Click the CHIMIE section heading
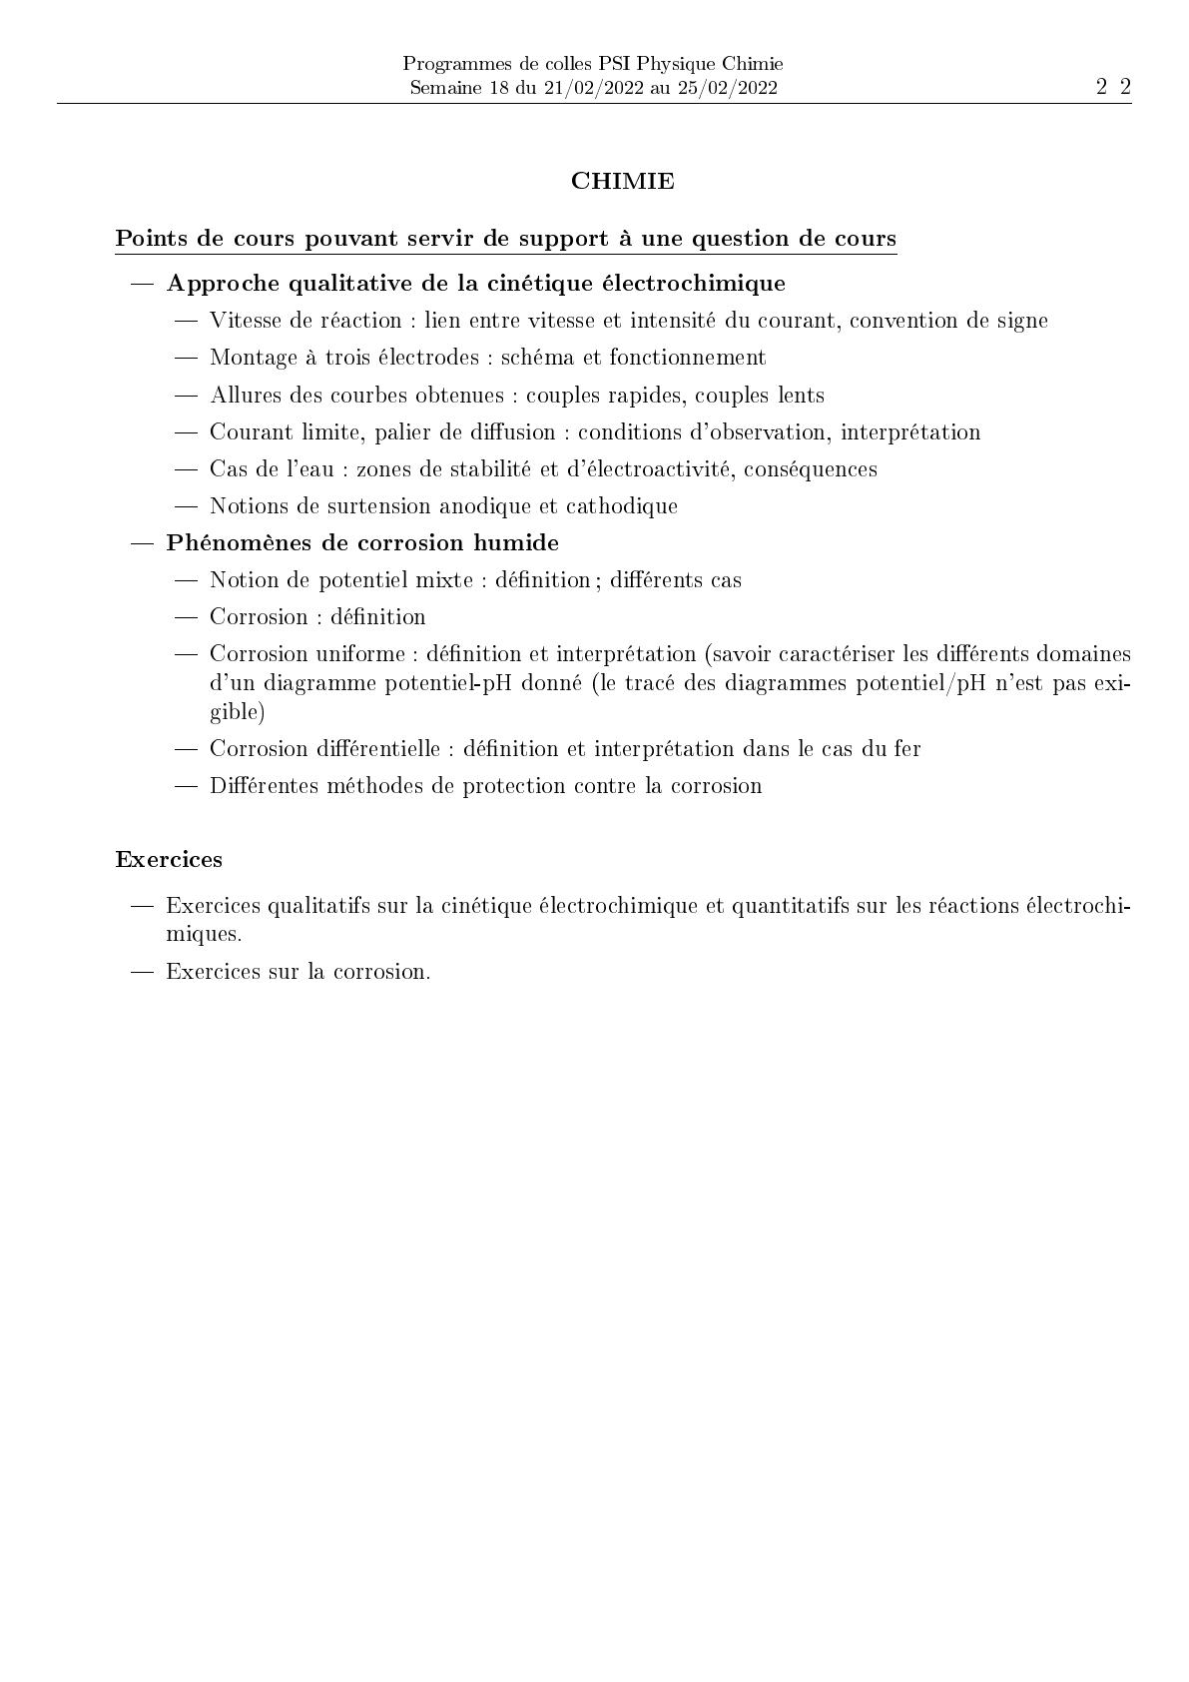[622, 181]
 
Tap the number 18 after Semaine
[499, 88]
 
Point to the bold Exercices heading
[169, 859]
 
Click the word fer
[906, 749]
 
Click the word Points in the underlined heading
[146, 239]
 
